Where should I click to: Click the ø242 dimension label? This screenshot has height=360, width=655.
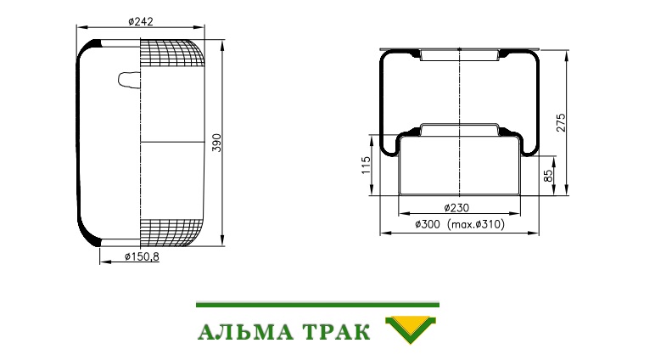coord(141,21)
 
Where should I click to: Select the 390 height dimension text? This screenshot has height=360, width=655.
coord(216,143)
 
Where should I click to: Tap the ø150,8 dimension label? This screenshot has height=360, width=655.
coord(142,256)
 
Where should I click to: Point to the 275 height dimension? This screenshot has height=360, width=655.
coord(561,122)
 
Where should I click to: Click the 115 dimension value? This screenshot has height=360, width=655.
coord(366,166)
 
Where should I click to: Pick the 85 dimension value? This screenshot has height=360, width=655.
coord(548,175)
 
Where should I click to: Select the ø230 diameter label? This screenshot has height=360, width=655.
coord(456,207)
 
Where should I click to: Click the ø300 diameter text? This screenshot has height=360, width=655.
coord(428,224)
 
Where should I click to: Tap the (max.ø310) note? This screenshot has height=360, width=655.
coord(476,224)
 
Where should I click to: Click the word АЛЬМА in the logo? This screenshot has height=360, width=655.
coord(245,332)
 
